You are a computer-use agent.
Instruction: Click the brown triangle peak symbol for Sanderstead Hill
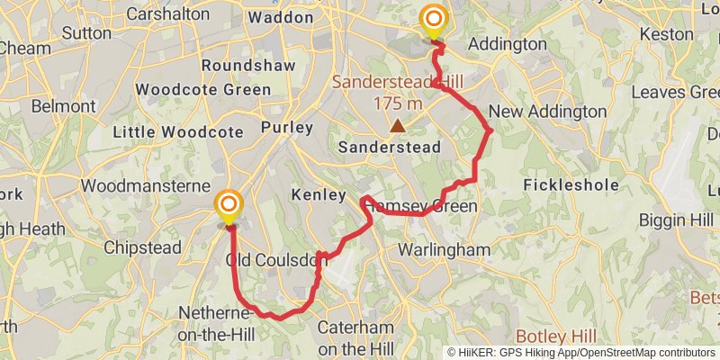pyautogui.click(x=396, y=126)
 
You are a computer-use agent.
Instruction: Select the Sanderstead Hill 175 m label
pyautogui.click(x=398, y=92)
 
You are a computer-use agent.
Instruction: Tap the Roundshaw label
pyautogui.click(x=236, y=66)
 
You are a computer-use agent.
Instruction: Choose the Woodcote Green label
pyautogui.click(x=202, y=90)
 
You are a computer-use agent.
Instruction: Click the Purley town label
pyautogui.click(x=287, y=128)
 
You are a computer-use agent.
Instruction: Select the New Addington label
pyautogui.click(x=547, y=112)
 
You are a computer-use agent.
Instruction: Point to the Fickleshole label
pyautogui.click(x=571, y=185)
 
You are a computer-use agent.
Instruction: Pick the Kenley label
pyautogui.click(x=319, y=194)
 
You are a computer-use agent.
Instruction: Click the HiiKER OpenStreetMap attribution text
pyautogui.click(x=581, y=353)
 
